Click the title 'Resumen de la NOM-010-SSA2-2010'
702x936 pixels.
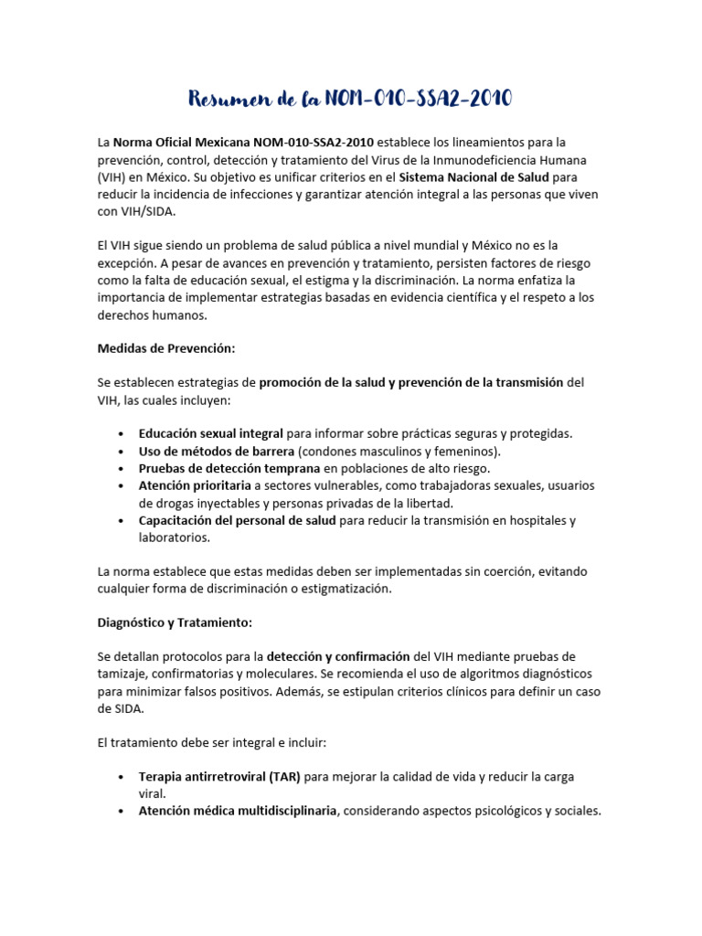click(350, 98)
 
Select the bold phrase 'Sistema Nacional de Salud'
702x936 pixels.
click(473, 176)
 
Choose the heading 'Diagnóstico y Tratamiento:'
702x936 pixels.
click(174, 622)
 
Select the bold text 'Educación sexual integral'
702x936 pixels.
click(211, 433)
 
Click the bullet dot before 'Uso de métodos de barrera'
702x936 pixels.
click(122, 452)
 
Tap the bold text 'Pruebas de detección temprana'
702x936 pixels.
click(229, 468)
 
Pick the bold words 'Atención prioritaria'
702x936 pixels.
click(195, 485)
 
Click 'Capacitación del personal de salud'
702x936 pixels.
click(238, 520)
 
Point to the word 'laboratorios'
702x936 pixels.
click(174, 537)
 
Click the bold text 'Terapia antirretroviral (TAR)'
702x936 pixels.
click(219, 776)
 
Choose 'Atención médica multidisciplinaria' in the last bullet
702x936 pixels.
click(238, 810)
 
